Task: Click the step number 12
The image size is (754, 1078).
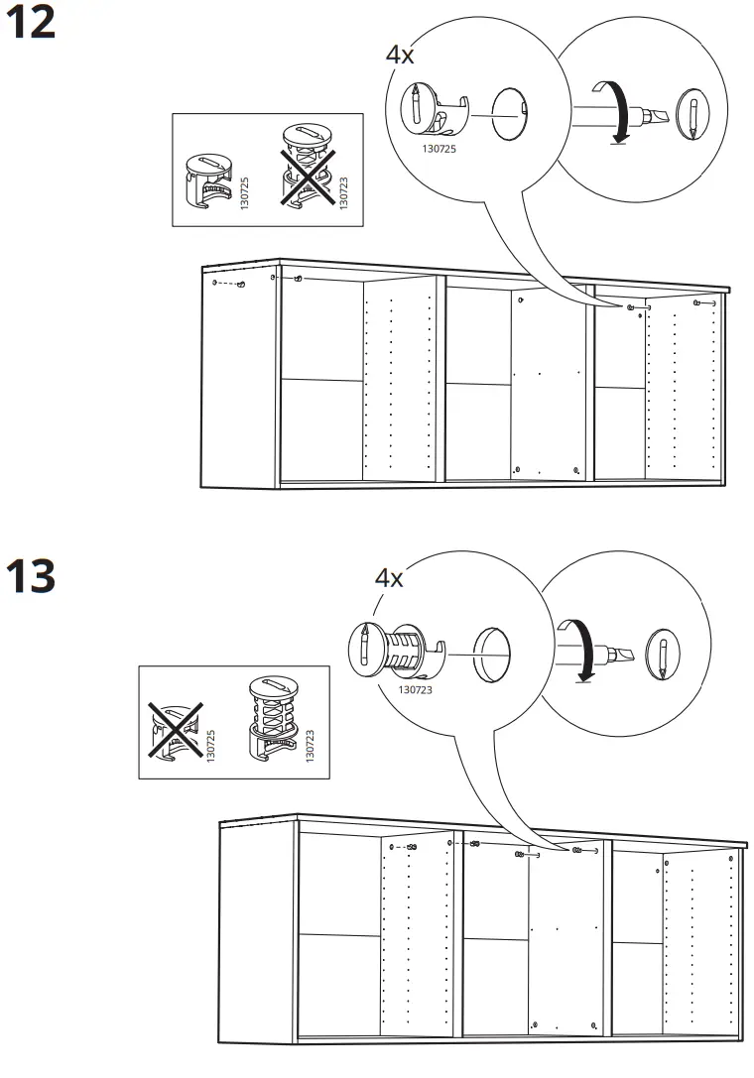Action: point(31,24)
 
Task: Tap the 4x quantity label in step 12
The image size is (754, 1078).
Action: point(400,55)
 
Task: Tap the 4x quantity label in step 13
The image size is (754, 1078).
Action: point(389,577)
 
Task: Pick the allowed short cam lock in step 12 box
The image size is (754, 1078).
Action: point(210,180)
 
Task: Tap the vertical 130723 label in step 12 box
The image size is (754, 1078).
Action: point(343,188)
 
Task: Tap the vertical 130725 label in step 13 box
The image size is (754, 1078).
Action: point(211,745)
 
